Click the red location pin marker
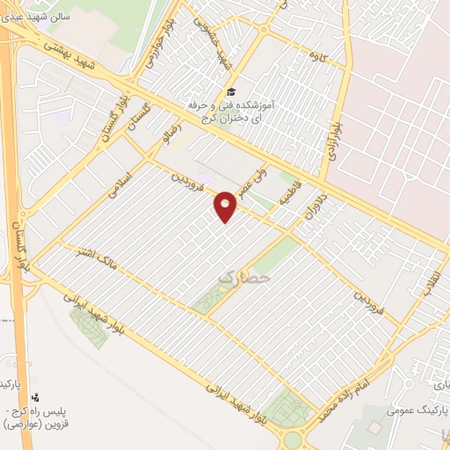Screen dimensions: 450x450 [226, 206]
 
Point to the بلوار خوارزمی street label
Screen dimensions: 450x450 [156, 44]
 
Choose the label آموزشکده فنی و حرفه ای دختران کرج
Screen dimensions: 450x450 [230, 111]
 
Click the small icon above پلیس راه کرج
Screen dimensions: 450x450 [35, 398]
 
